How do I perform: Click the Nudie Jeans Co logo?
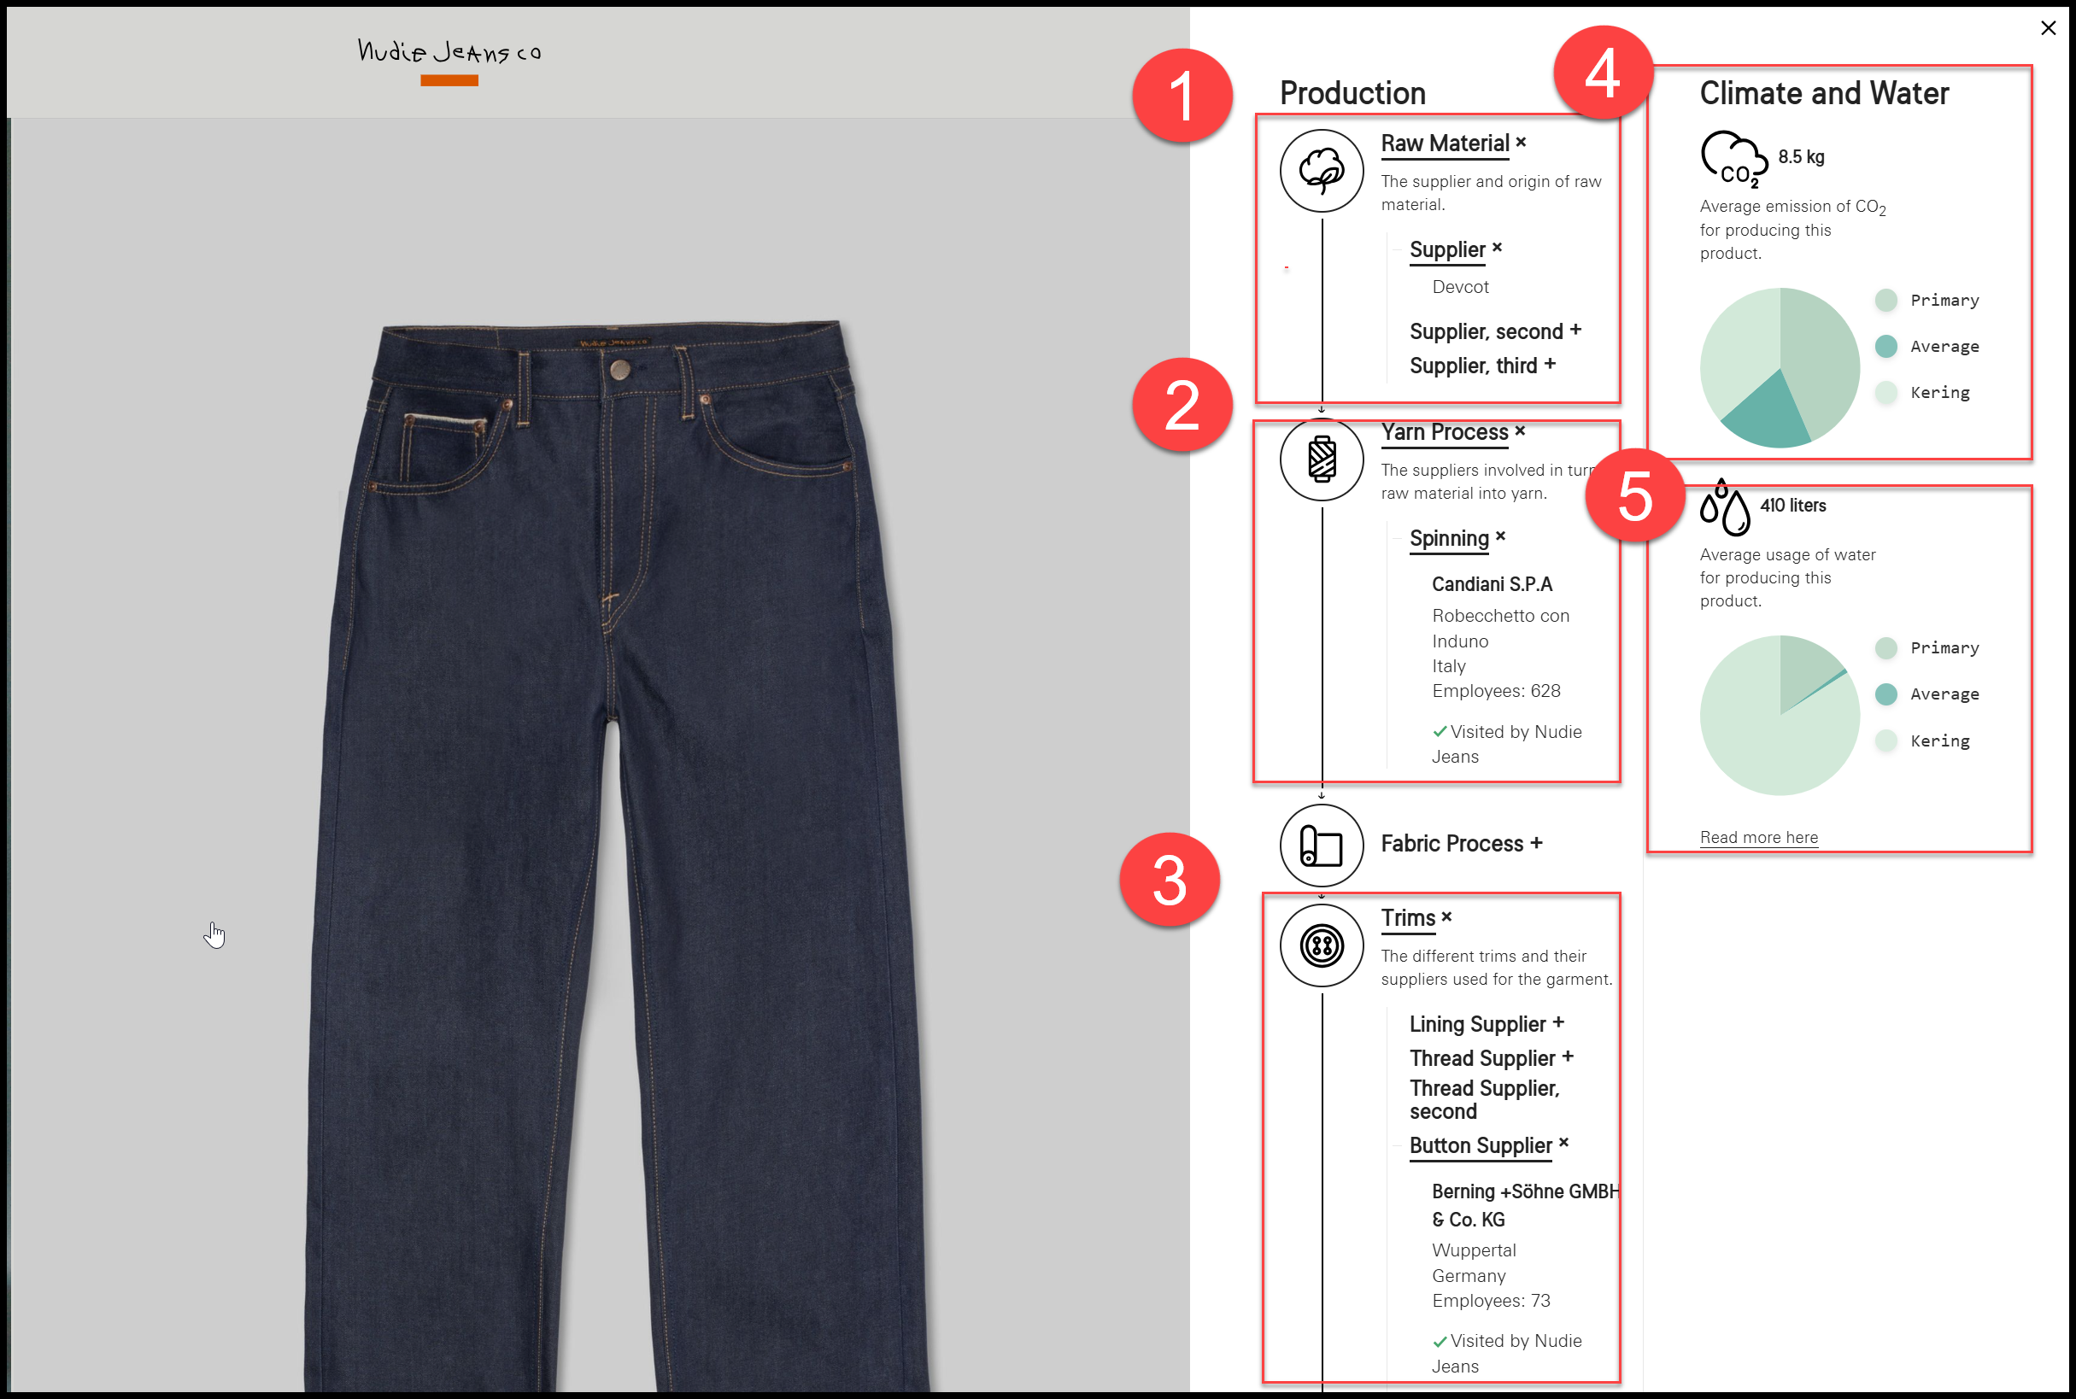[x=449, y=53]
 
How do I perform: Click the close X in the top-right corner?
[x=2049, y=27]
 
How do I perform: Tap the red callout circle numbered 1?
[x=1182, y=96]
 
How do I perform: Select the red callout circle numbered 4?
[x=1603, y=73]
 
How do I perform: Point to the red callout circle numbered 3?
[x=1170, y=880]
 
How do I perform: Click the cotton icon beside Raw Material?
[x=1321, y=171]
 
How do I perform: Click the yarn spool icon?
[x=1321, y=460]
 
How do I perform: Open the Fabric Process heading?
[x=1461, y=843]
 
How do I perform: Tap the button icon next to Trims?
[x=1321, y=945]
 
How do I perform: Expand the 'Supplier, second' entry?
[x=1495, y=331]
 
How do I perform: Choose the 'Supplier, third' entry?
[x=1482, y=366]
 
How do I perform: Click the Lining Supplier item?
[x=1486, y=1024]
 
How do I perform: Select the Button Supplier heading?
[x=1489, y=1145]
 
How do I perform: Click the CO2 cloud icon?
[x=1733, y=160]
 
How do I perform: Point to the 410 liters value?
[x=1793, y=505]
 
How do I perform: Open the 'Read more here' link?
[x=1758, y=837]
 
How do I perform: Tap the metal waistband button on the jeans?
[x=619, y=369]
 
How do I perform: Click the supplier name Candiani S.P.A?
[x=1492, y=584]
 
